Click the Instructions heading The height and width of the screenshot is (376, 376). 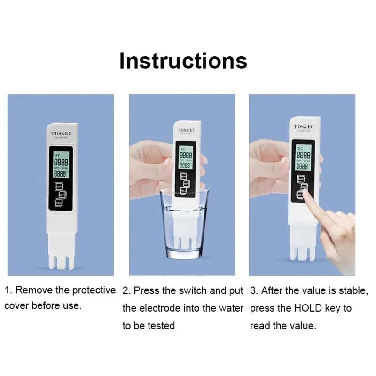(183, 61)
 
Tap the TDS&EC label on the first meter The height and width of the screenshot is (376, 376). (60, 134)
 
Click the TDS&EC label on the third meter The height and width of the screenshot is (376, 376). (304, 127)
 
